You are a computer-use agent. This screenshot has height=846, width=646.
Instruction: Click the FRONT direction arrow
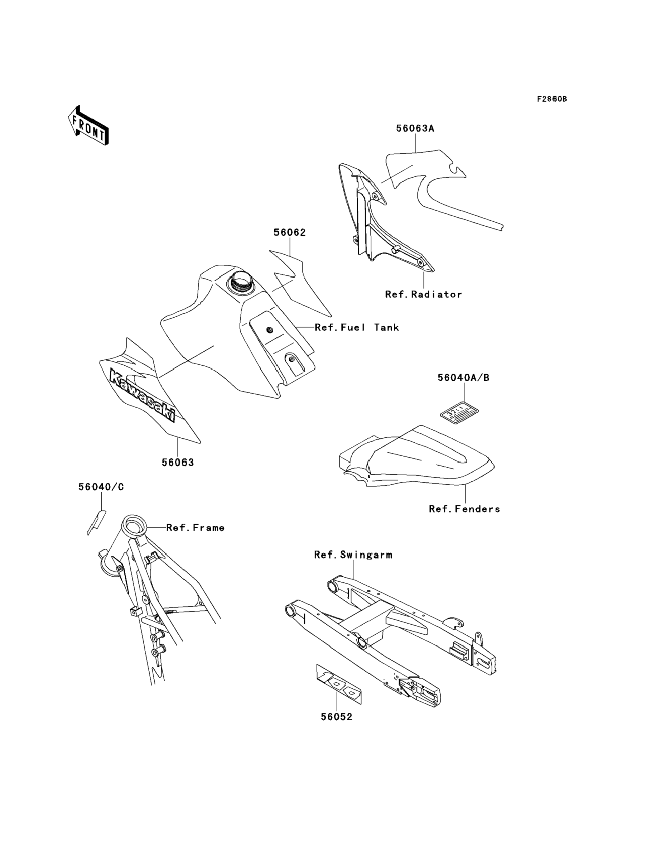tap(88, 125)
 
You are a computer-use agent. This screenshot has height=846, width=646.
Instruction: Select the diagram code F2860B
tap(552, 99)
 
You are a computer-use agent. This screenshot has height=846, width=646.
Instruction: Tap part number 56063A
tap(415, 129)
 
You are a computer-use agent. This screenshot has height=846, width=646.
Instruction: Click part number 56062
tap(290, 233)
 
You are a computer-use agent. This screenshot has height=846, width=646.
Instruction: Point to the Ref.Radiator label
tap(424, 294)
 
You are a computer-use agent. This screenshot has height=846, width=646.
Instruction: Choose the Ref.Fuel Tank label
tap(357, 328)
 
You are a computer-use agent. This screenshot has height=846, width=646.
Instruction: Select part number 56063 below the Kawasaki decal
tap(178, 463)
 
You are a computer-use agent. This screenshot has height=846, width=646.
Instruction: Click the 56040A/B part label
tap(463, 378)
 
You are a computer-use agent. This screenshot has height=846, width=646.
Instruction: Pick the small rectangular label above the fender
tap(459, 414)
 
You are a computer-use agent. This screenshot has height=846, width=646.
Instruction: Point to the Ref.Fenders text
tap(464, 509)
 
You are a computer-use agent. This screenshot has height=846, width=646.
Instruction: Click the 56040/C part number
tap(101, 487)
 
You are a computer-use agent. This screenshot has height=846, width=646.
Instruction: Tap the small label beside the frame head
tap(96, 522)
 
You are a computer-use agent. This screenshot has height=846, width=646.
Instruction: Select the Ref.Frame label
tap(195, 528)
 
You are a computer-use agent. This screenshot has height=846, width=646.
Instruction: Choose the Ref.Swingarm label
tap(353, 555)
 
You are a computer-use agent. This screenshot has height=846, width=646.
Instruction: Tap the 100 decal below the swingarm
tap(339, 685)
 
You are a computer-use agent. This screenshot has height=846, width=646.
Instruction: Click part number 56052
tap(337, 717)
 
